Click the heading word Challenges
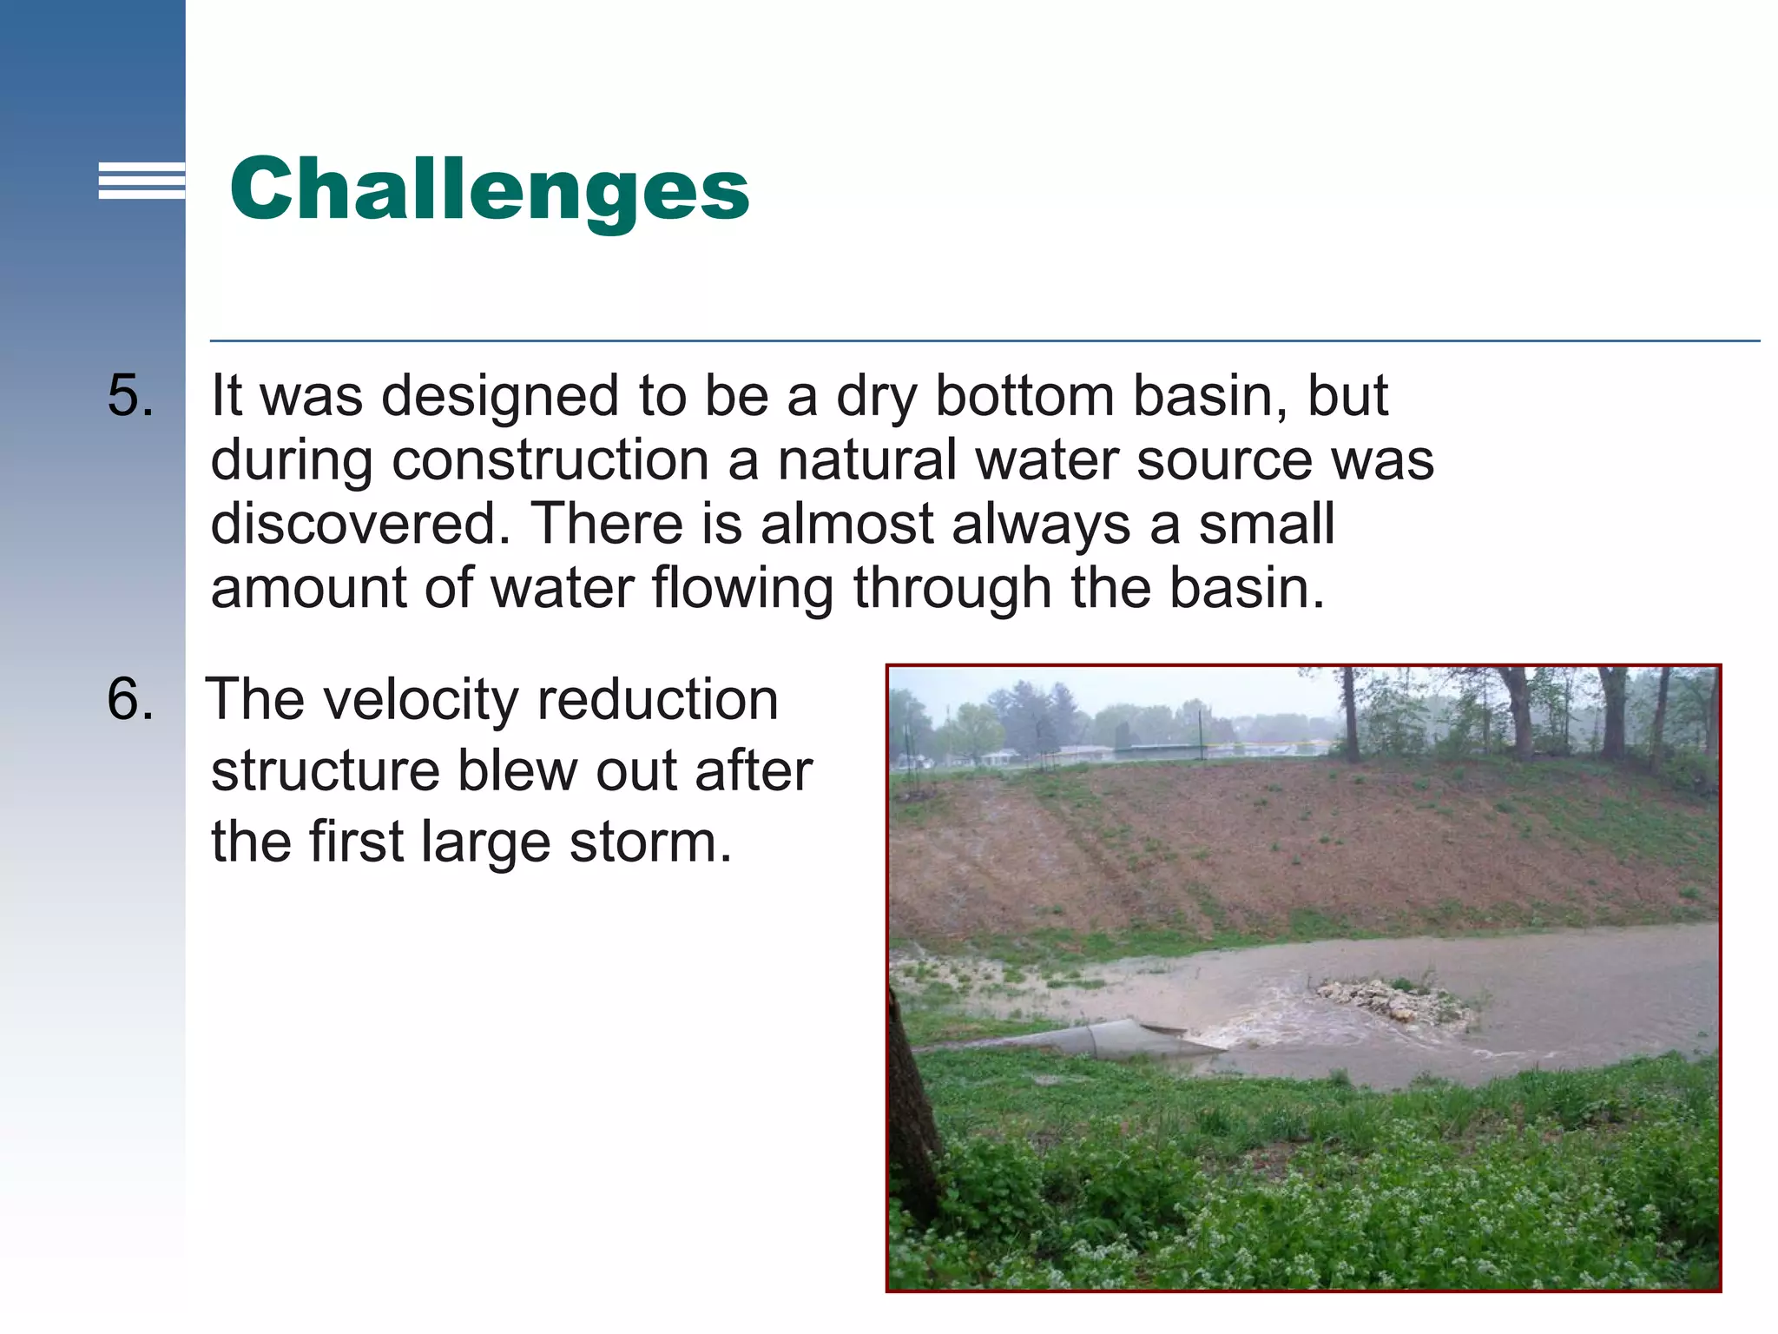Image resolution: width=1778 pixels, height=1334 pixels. [x=489, y=188]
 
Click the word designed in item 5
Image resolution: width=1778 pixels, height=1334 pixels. [x=500, y=396]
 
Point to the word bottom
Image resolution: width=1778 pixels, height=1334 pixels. [x=1024, y=396]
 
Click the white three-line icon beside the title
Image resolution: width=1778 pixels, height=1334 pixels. [x=142, y=181]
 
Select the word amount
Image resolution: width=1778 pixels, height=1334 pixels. [x=307, y=589]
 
